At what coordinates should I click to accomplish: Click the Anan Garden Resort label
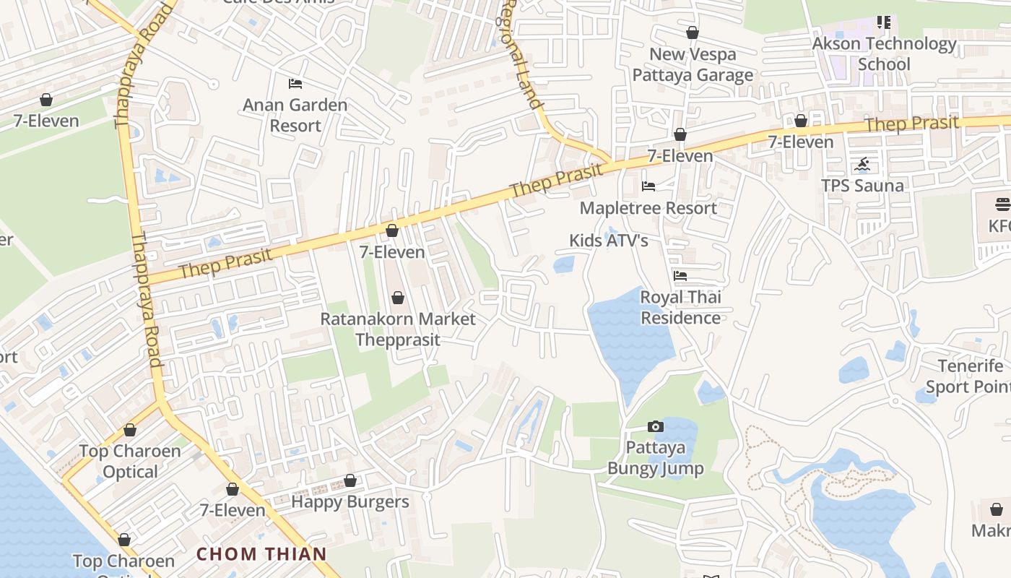tap(295, 115)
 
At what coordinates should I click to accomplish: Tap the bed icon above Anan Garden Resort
tap(295, 84)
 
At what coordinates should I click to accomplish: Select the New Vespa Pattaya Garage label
tap(693, 64)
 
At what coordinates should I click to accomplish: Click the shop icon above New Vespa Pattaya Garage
tap(693, 33)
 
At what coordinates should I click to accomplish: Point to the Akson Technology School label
tap(884, 53)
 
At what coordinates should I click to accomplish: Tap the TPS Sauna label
tap(862, 186)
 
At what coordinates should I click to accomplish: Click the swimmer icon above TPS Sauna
tap(862, 165)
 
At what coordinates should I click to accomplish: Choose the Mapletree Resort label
tap(648, 208)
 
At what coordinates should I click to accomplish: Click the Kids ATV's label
tap(608, 241)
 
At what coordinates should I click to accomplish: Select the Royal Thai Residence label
tap(680, 307)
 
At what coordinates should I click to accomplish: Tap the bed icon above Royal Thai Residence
tap(680, 276)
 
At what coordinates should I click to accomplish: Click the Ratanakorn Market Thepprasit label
tap(398, 329)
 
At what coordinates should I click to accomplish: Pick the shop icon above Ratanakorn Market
tap(397, 298)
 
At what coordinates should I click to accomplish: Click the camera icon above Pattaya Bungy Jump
tap(656, 427)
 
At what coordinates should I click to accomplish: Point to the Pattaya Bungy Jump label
tap(655, 457)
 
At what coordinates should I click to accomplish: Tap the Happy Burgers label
tap(350, 501)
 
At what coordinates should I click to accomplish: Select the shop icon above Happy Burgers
tap(350, 480)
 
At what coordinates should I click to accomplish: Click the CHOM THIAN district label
tap(261, 554)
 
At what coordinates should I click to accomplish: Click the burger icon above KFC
tap(1002, 204)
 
